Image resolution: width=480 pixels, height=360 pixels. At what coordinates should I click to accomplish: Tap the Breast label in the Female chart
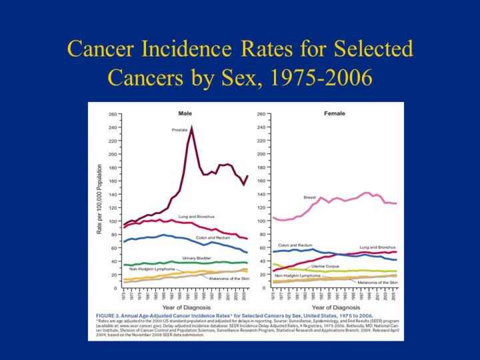[309, 197]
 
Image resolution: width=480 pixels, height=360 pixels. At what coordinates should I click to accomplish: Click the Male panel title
[185, 113]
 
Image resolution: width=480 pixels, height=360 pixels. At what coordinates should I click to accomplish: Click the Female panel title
[335, 113]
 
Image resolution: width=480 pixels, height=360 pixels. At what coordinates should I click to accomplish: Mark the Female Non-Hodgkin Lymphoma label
[297, 275]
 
